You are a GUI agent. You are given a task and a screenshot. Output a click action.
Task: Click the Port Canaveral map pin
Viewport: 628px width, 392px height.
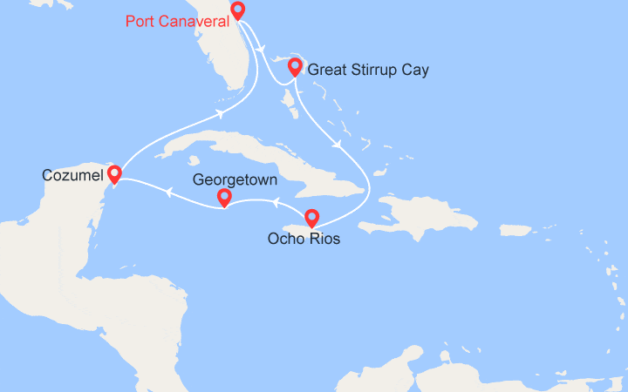click(237, 10)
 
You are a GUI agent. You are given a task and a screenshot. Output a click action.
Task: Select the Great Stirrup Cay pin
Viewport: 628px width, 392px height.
click(295, 66)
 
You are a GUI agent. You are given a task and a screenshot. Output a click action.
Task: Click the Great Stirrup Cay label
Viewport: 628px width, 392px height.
click(368, 70)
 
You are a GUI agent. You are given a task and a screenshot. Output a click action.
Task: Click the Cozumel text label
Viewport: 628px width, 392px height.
click(70, 176)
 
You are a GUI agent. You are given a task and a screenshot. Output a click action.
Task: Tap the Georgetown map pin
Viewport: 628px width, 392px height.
click(224, 198)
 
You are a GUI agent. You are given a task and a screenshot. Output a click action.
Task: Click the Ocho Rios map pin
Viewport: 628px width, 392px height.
click(311, 218)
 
